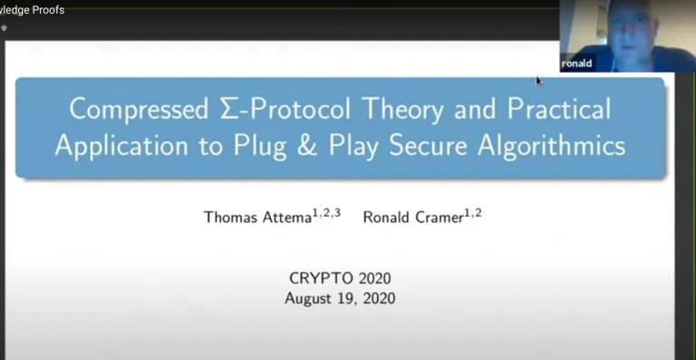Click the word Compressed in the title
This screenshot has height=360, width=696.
point(139,109)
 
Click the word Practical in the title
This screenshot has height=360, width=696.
point(559,108)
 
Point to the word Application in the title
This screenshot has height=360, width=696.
point(121,146)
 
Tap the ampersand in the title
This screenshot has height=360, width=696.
point(307,145)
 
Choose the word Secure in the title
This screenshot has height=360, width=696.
point(428,145)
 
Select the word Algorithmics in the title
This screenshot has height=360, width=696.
point(552,146)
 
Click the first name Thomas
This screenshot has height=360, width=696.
point(230,217)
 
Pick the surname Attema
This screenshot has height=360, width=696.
point(286,217)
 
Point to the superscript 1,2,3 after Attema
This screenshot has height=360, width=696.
point(326,213)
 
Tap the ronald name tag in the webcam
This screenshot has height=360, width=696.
point(576,63)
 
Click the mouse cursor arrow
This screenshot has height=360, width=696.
point(539,82)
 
